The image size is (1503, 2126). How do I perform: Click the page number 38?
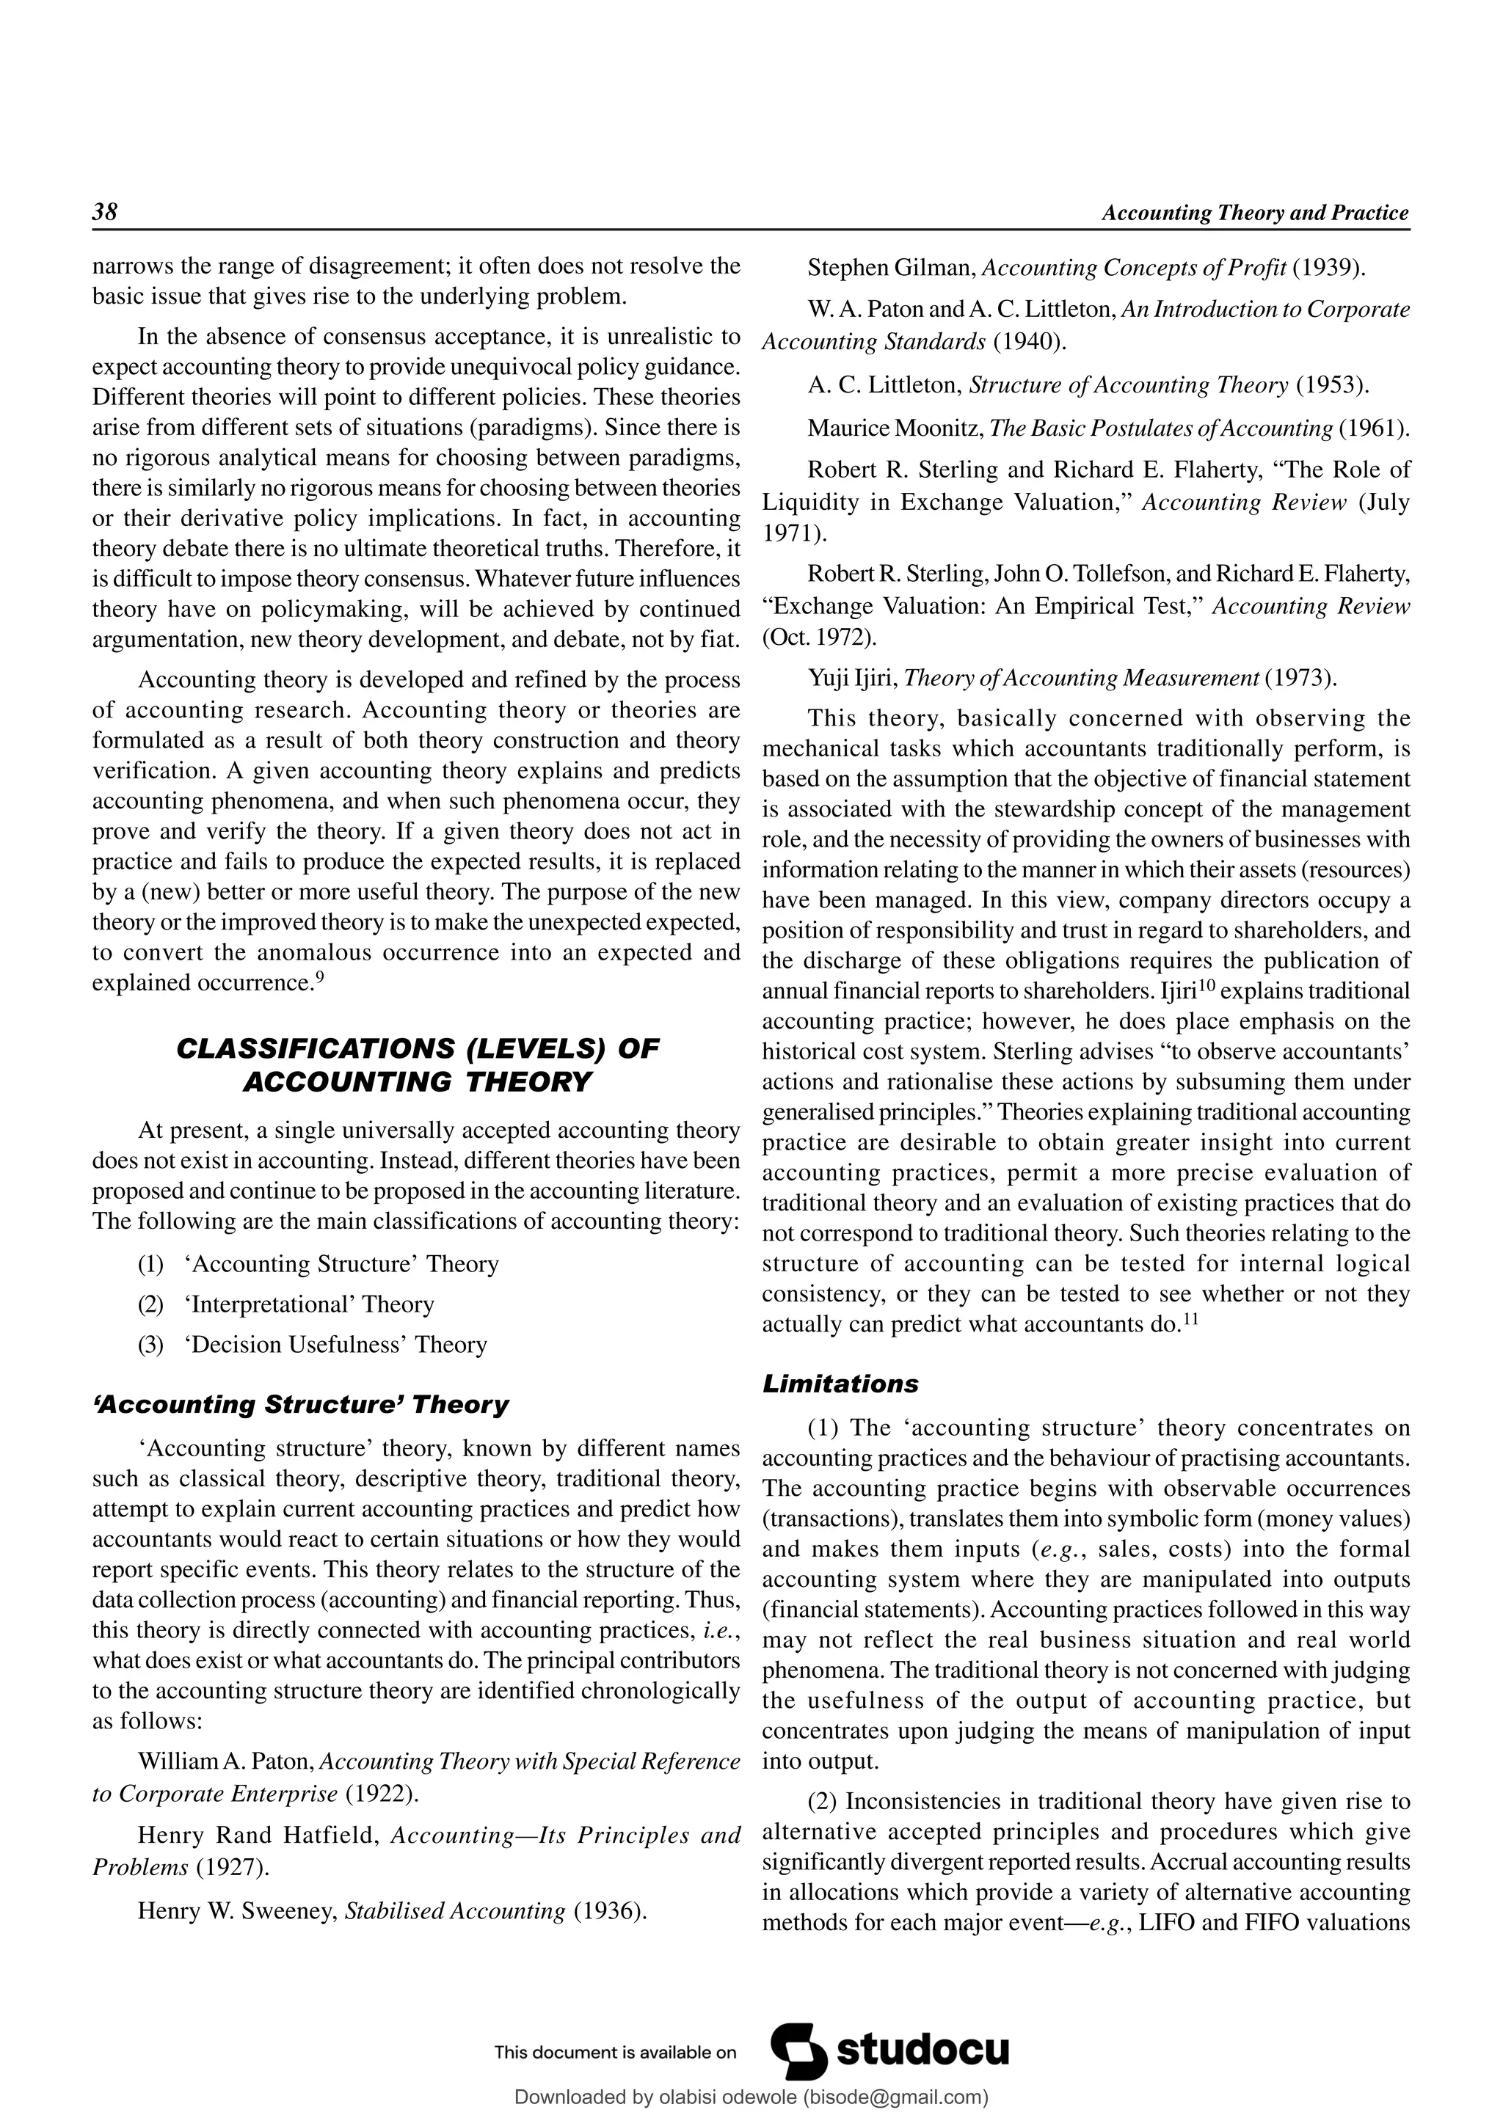point(106,212)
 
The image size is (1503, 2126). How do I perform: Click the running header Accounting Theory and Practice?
point(1255,213)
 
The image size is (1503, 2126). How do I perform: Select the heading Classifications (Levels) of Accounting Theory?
point(417,1065)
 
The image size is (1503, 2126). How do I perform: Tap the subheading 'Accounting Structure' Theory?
point(301,1405)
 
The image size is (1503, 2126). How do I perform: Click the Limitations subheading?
point(840,1384)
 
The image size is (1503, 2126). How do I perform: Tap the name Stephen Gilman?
point(891,269)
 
